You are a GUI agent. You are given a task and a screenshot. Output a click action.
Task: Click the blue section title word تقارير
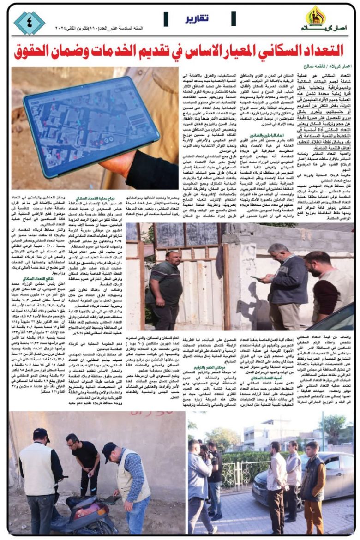(197, 19)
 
